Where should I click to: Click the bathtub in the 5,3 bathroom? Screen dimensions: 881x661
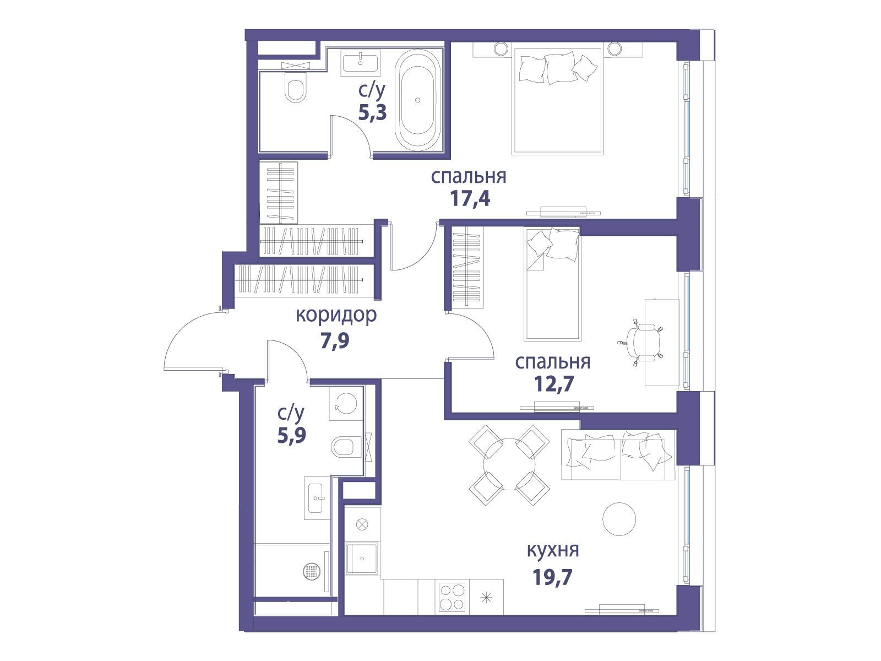418,100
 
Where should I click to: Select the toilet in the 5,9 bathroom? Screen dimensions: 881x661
346,446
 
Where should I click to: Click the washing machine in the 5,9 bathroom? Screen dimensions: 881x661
346,403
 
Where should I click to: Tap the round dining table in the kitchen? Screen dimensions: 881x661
509,464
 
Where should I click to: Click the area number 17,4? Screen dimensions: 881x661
470,198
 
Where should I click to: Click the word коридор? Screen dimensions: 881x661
336,316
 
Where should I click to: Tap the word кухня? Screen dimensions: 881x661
553,550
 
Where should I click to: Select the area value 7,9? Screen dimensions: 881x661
335,340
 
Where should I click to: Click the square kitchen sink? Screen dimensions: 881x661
362,558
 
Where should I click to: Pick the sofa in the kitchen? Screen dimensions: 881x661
618,454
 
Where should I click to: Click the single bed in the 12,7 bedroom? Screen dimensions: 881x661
552,284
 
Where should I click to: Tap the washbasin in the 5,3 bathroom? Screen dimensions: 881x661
361,63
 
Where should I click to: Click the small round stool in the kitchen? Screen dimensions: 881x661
619,519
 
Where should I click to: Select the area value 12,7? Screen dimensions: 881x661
554,384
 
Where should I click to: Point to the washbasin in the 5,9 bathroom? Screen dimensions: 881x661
317,498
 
